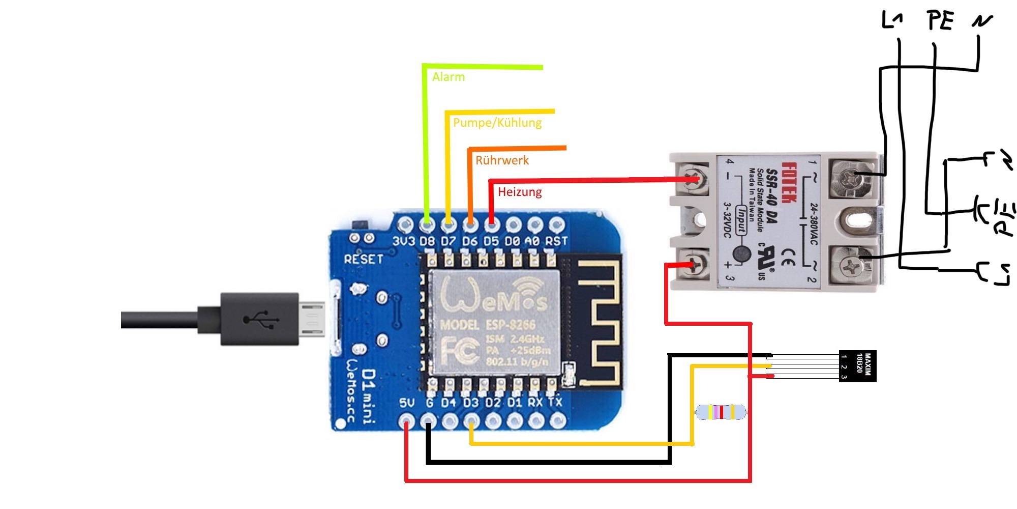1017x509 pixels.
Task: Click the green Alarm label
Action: [x=448, y=77]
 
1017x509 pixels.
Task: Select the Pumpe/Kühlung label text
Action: [x=497, y=123]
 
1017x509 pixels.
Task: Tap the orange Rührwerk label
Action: [x=502, y=160]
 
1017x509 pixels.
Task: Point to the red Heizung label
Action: [x=520, y=192]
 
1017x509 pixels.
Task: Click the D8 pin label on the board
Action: [x=427, y=241]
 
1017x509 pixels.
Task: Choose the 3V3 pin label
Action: [x=404, y=241]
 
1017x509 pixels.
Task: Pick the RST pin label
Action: [x=556, y=241]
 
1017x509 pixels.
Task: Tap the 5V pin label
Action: [x=407, y=403]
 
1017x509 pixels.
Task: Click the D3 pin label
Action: [x=471, y=403]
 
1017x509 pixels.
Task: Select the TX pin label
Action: [x=555, y=402]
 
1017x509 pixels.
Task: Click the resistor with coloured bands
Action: [x=721, y=412]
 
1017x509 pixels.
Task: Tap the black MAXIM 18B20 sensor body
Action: [x=857, y=366]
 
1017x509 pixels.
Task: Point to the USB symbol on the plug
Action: [x=260, y=320]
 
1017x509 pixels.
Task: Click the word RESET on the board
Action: [x=364, y=259]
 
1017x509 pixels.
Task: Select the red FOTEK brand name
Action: [x=788, y=183]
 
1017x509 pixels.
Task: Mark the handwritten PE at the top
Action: [x=940, y=21]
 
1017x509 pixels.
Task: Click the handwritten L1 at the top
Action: [x=892, y=20]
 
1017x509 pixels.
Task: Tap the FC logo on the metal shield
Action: [x=460, y=351]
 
